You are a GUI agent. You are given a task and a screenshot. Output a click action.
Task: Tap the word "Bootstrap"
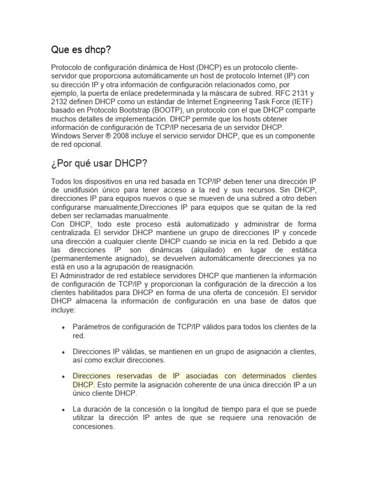[x=121, y=110]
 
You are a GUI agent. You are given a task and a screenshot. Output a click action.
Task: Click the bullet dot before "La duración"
[x=64, y=410]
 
